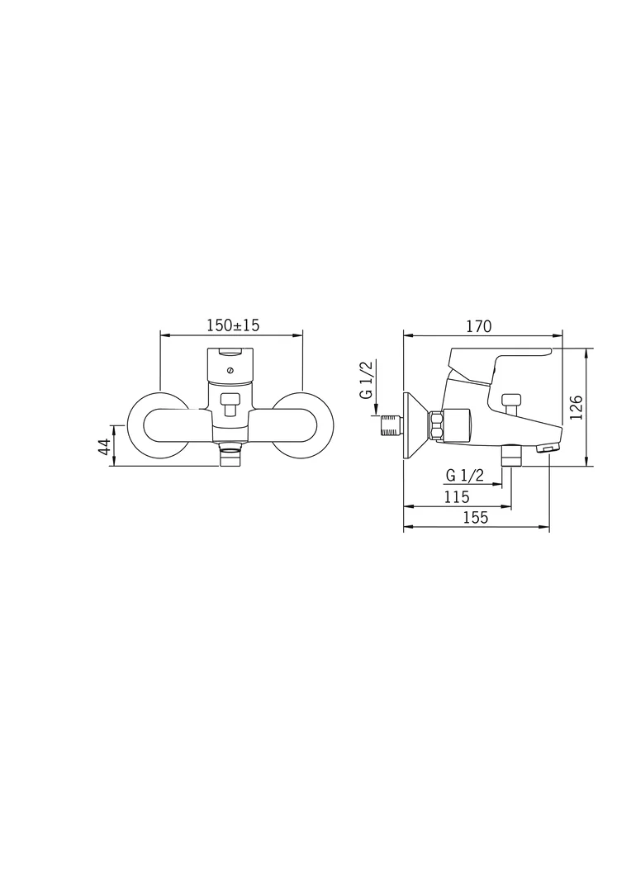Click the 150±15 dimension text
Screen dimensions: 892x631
(232, 325)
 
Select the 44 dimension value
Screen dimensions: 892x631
(105, 447)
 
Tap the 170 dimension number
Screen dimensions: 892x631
(478, 325)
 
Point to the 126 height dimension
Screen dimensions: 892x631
(576, 406)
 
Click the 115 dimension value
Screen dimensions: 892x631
(456, 496)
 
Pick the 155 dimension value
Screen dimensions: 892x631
(475, 518)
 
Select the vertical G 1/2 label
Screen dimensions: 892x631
(366, 380)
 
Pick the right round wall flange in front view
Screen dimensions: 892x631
(304, 424)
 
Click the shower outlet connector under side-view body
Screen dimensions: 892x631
(511, 454)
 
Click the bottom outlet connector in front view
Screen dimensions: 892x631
(231, 455)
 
